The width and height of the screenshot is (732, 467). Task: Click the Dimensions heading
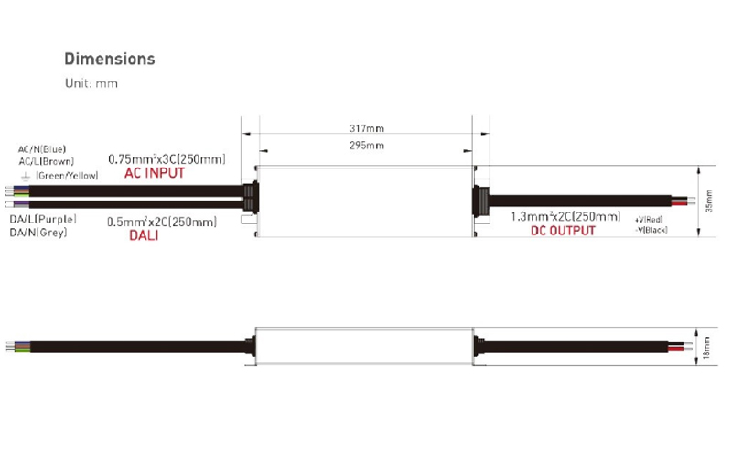[109, 60]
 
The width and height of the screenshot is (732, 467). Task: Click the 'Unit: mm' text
[91, 83]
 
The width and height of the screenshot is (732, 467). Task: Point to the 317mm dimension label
[366, 128]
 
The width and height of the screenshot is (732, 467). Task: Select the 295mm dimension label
[366, 146]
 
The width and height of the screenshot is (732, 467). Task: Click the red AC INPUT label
[154, 173]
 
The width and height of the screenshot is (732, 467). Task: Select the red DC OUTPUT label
[563, 231]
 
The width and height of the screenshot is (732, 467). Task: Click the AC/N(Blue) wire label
[42, 148]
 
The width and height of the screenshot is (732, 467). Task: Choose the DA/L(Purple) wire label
[43, 220]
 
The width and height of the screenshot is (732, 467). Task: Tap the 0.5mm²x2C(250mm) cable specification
[162, 222]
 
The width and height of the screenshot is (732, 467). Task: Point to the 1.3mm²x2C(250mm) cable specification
[565, 217]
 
